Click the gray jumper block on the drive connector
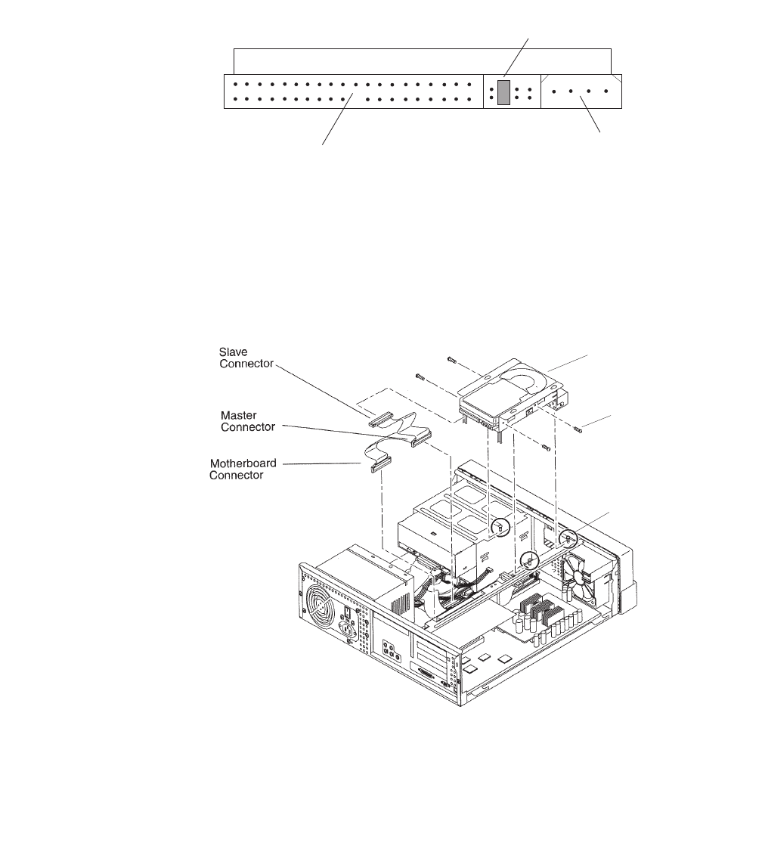pyautogui.click(x=504, y=91)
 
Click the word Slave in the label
pyautogui.click(x=233, y=352)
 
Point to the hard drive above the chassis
pyautogui.click(x=514, y=393)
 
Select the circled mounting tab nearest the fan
pyautogui.click(x=568, y=538)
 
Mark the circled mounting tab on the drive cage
pyautogui.click(x=500, y=526)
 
